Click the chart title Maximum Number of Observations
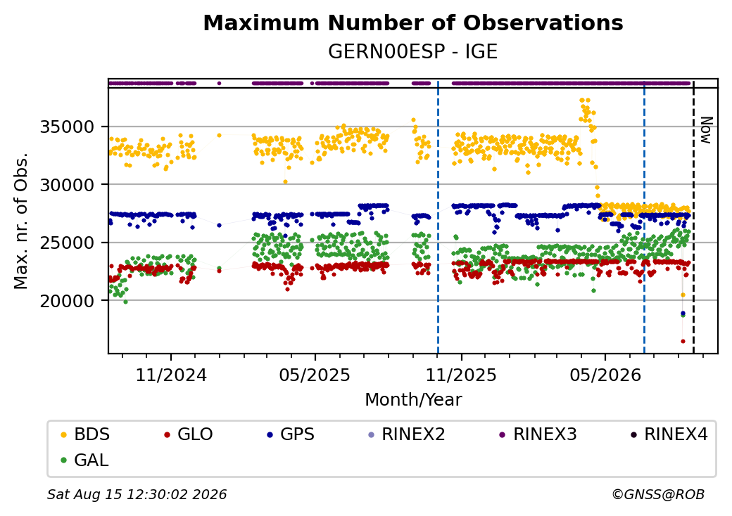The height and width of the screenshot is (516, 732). [x=413, y=22]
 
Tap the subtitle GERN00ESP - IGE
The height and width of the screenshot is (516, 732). [x=413, y=52]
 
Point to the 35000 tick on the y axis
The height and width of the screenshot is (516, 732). [x=68, y=127]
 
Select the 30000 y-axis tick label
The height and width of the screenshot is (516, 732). [x=68, y=185]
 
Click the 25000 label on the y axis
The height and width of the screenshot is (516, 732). [x=68, y=243]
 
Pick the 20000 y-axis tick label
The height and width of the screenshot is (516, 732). [x=68, y=301]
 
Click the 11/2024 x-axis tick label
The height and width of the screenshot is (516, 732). [x=171, y=375]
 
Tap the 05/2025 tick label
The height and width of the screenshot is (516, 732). [x=315, y=375]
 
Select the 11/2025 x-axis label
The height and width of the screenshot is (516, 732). [x=461, y=375]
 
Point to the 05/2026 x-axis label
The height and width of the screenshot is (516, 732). [x=605, y=375]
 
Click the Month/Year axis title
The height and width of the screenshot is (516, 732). [x=413, y=400]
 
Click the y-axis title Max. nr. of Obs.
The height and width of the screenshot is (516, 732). [x=21, y=221]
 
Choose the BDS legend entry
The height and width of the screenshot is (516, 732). [x=85, y=434]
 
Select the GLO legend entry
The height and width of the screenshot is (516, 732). [x=189, y=434]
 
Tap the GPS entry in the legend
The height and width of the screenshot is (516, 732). [x=291, y=434]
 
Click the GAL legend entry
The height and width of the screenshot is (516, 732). [x=85, y=460]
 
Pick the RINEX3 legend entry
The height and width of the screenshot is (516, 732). [x=538, y=434]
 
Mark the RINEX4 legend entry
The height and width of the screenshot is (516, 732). [x=669, y=434]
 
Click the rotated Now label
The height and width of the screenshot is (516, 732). [x=707, y=130]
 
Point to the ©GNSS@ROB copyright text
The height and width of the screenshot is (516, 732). [x=658, y=494]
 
